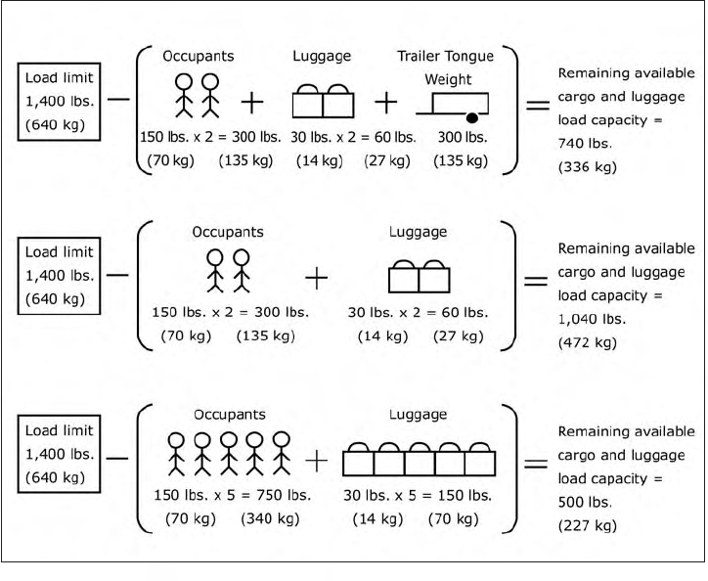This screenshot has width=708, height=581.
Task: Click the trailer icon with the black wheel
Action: (x=459, y=103)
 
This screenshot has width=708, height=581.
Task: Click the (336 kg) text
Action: (x=587, y=166)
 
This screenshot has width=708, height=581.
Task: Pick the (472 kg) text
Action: (x=587, y=343)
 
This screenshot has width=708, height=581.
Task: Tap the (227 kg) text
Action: (x=587, y=524)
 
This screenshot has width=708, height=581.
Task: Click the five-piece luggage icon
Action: (x=419, y=459)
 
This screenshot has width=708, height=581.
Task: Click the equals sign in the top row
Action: (x=537, y=105)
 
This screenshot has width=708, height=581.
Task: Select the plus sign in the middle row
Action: (x=316, y=279)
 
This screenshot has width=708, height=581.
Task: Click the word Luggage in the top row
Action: (x=323, y=56)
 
